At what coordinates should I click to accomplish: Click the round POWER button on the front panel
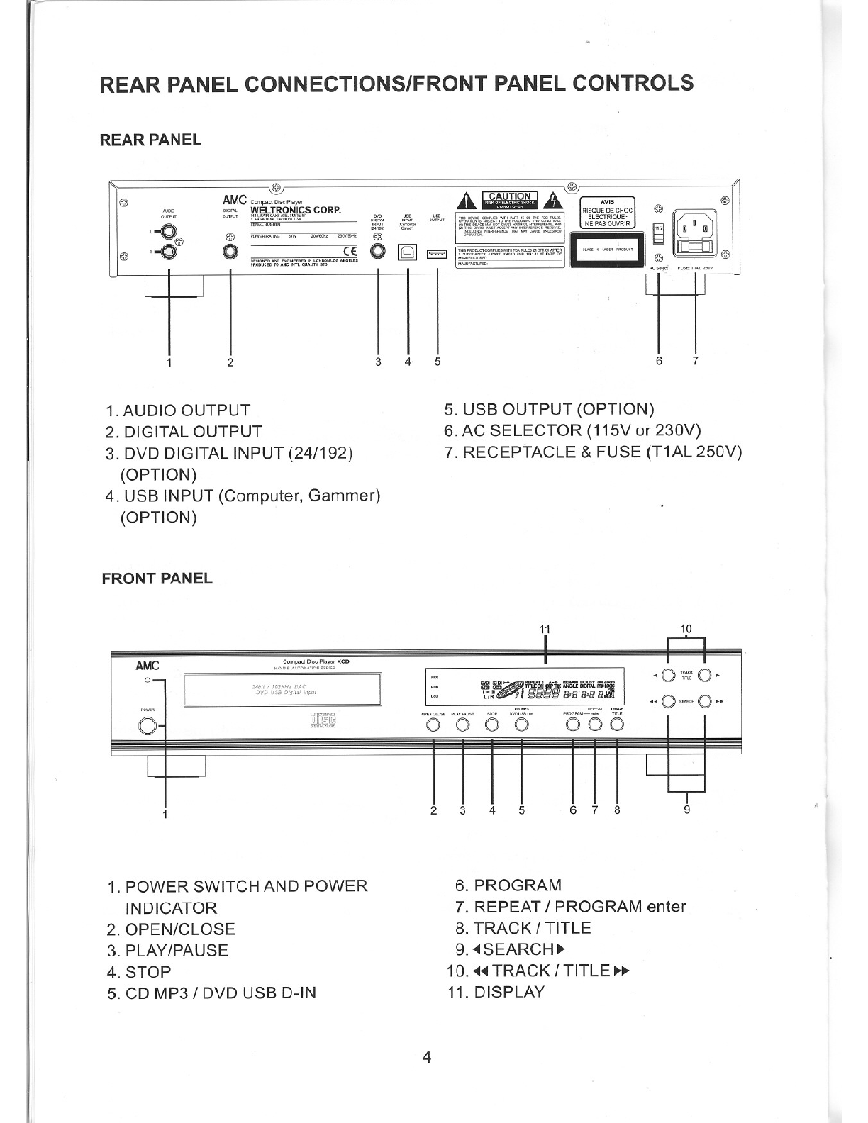pos(148,727)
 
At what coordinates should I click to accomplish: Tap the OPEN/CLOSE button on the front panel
pos(433,725)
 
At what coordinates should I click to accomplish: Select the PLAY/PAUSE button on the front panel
pos(462,725)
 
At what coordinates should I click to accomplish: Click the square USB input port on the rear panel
pos(408,251)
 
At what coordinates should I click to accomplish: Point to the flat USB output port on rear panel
pos(437,252)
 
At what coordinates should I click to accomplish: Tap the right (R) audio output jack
pos(169,252)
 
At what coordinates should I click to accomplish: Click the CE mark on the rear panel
pos(350,250)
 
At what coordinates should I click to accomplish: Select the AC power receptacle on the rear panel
pos(696,229)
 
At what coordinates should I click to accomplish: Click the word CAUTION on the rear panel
pos(509,196)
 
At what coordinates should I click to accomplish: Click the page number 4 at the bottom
pos(427,1058)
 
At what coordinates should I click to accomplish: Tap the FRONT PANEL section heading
pos(157,579)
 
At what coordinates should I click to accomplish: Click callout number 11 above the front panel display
pos(544,629)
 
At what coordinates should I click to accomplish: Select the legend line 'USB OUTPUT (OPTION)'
pos(548,409)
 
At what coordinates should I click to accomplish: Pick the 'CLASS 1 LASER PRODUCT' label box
pos(609,249)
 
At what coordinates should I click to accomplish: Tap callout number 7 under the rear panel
pos(696,361)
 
